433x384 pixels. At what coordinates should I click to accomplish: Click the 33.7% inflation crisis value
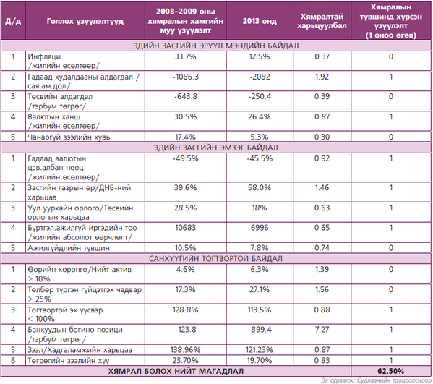[185, 56]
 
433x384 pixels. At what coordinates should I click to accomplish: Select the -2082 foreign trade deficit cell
[260, 77]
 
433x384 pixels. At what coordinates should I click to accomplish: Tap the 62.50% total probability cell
[391, 371]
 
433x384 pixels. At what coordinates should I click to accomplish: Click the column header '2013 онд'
[260, 21]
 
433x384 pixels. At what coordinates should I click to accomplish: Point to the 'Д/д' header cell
[13, 21]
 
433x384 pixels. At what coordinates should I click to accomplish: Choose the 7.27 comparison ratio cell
[322, 330]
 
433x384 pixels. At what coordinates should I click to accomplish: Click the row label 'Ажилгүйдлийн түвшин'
[69, 248]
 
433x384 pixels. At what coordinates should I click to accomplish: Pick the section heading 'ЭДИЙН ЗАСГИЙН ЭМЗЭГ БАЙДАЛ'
[215, 148]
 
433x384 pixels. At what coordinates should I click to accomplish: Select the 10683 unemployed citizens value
[185, 228]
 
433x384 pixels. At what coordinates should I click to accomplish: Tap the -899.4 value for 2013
[260, 330]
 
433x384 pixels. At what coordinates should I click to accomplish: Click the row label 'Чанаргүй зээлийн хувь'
[69, 137]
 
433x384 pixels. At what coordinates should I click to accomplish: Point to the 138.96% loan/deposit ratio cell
[185, 350]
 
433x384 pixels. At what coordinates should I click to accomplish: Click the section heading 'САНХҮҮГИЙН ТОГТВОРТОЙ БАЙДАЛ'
[215, 259]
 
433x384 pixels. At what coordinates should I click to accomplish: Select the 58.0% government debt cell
[260, 188]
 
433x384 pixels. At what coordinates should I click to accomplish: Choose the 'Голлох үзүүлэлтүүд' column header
[85, 21]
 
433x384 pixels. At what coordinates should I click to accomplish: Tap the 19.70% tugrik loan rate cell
[260, 361]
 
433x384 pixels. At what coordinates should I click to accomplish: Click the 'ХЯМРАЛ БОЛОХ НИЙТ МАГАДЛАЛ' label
[176, 371]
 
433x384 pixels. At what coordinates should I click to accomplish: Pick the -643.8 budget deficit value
[185, 97]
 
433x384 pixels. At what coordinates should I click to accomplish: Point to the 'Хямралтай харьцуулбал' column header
[322, 21]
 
